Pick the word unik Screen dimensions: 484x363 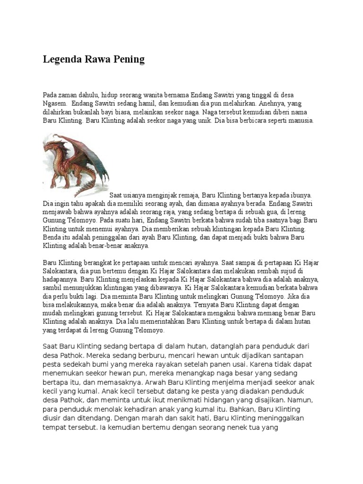tap(197, 121)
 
